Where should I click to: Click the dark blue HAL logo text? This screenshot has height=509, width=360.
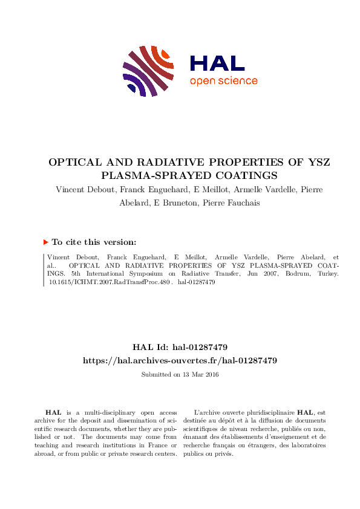[217, 63]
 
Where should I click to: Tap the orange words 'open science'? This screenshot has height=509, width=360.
[223, 81]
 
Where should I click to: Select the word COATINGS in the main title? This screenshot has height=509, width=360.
[247, 176]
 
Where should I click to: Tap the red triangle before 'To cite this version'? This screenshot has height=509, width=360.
[45, 242]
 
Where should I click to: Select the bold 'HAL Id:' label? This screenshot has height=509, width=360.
[148, 348]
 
